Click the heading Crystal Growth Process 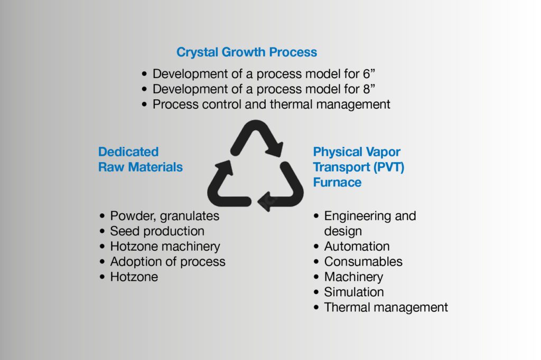(x=247, y=52)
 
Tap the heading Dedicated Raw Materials (x=141, y=159)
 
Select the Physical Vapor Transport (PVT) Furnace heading (x=359, y=167)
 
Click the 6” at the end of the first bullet (x=369, y=73)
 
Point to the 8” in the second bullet (x=369, y=89)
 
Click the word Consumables (x=363, y=262)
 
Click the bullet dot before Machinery (x=316, y=277)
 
